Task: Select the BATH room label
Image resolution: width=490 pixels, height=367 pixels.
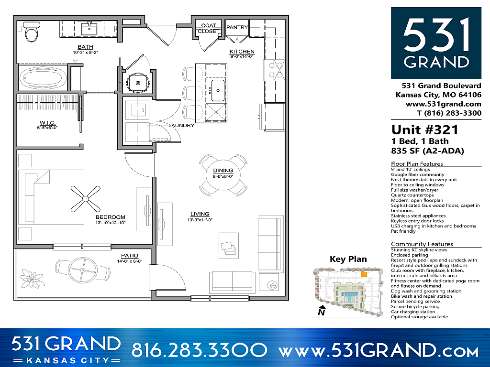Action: tap(85, 47)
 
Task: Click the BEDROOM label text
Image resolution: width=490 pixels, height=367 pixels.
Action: tap(110, 217)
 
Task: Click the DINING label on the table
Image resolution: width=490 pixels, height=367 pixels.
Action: tap(223, 171)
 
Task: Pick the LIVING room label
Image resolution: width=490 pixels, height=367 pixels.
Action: tap(200, 214)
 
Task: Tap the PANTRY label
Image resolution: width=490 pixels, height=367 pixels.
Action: tap(237, 28)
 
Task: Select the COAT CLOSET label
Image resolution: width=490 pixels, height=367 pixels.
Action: tap(209, 28)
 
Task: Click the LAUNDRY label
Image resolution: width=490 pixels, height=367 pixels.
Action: tap(181, 126)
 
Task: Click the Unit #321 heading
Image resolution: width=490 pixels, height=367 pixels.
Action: tap(424, 130)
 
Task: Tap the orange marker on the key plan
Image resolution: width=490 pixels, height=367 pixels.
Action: tap(364, 275)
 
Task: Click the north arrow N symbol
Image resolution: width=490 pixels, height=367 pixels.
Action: tap(322, 311)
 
